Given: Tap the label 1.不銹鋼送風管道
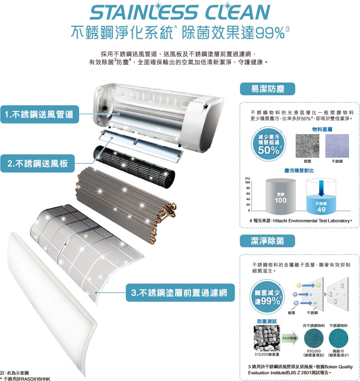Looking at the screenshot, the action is pyautogui.click(x=40, y=114).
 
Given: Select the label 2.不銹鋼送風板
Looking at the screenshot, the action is pyautogui.click(x=38, y=164).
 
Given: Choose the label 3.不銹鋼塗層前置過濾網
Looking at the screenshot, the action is pyautogui.click(x=180, y=292).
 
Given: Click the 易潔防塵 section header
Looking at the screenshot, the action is pyautogui.click(x=267, y=89).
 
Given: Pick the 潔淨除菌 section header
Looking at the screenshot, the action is pyautogui.click(x=267, y=241).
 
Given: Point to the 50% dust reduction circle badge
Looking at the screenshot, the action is pyautogui.click(x=269, y=144).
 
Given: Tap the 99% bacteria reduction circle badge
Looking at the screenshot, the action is pyautogui.click(x=267, y=297).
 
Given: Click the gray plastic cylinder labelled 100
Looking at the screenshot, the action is pyautogui.click(x=281, y=197).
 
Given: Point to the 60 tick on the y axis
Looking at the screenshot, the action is pyautogui.click(x=248, y=193).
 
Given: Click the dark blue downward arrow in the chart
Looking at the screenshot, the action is pyautogui.click(x=321, y=188).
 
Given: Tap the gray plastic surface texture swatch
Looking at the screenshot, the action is pyautogui.click(x=307, y=146).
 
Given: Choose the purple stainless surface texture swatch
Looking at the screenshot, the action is pyautogui.click(x=337, y=146).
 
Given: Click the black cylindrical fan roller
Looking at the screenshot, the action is pyautogui.click(x=134, y=167).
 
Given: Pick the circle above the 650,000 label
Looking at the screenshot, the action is pyautogui.click(x=314, y=338).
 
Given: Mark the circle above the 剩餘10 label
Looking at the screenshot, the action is pyautogui.click(x=338, y=338).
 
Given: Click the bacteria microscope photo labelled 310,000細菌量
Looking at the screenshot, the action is pyautogui.click(x=267, y=338).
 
